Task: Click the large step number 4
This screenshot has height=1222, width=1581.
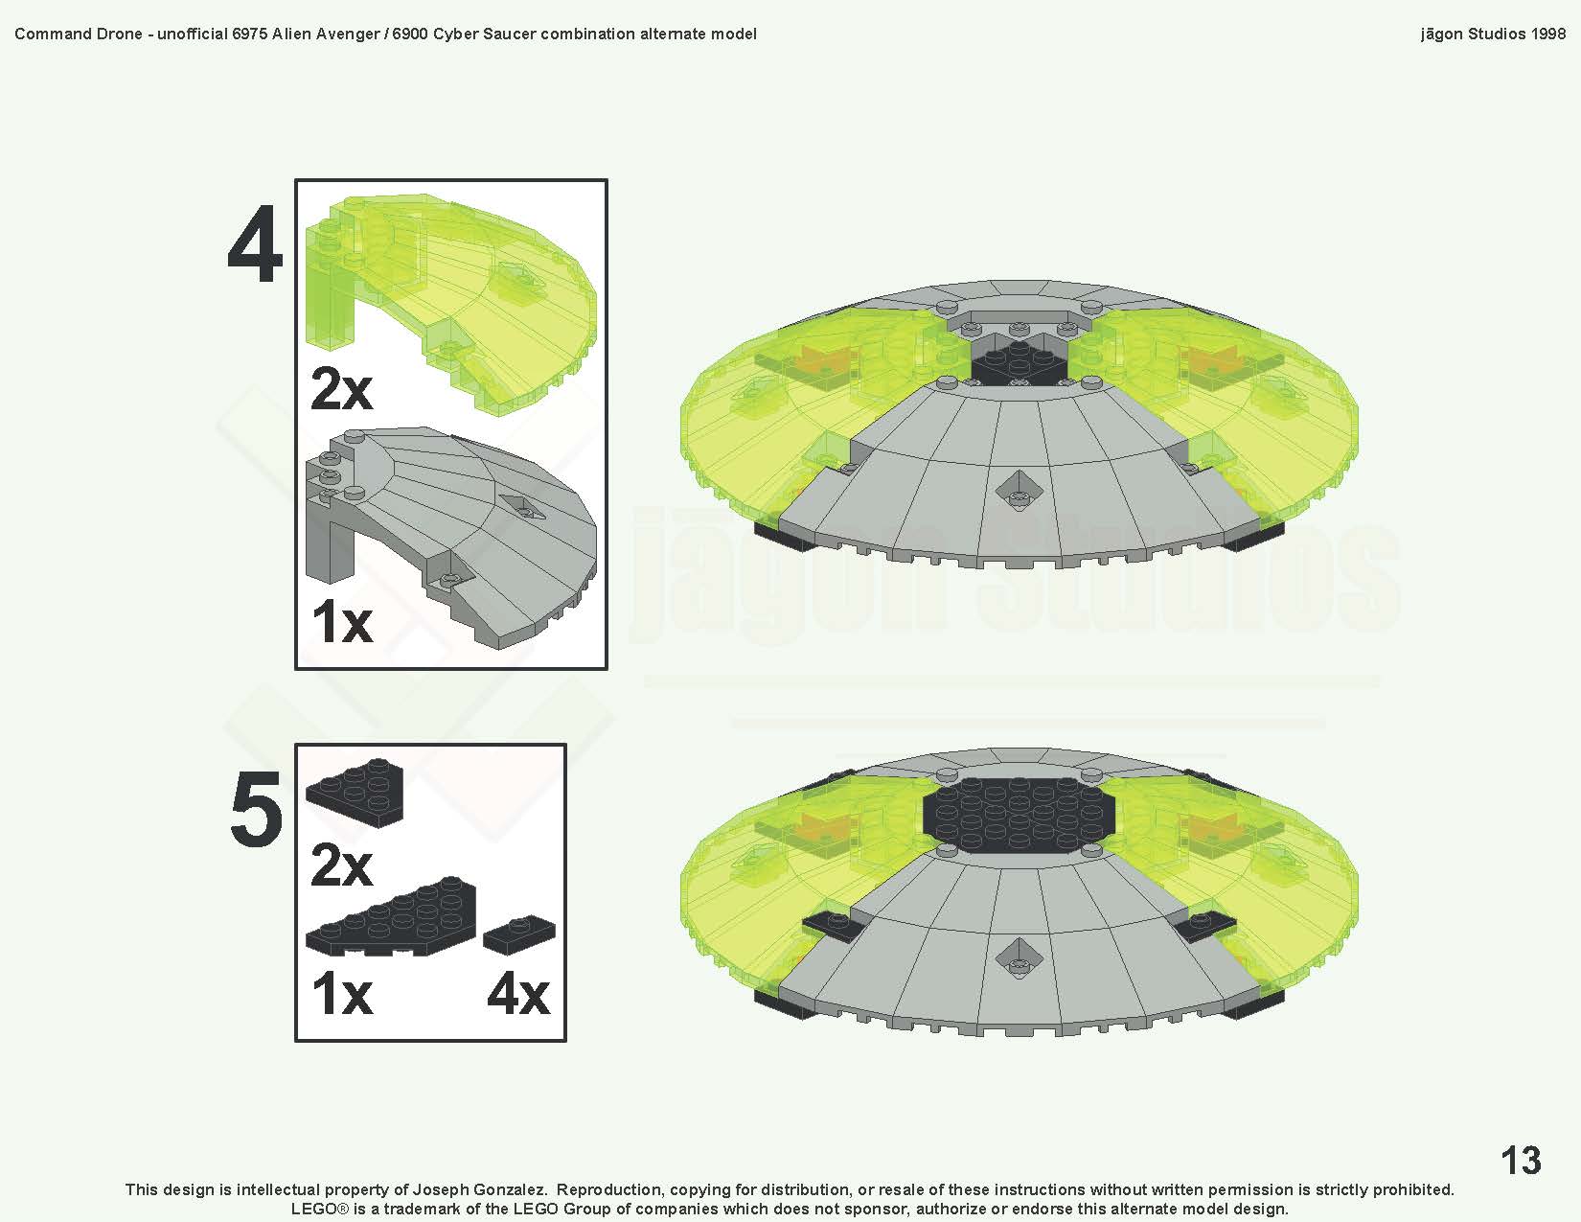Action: click(x=255, y=245)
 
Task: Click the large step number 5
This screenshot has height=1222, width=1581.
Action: click(x=256, y=810)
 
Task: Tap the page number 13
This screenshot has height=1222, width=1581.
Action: click(x=1521, y=1161)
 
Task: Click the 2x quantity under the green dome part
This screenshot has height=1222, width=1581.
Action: click(x=341, y=389)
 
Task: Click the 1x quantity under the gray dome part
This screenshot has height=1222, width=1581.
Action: click(x=341, y=621)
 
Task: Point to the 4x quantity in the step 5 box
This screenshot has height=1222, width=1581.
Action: click(x=517, y=994)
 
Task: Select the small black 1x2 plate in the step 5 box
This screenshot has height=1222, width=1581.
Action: click(x=518, y=934)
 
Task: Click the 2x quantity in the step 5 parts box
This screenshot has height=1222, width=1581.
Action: click(x=341, y=865)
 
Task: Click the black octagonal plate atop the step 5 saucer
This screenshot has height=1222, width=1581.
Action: click(x=1018, y=815)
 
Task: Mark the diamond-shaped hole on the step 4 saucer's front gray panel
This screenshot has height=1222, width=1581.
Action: click(x=1017, y=493)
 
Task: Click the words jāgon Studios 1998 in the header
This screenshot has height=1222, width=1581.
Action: click(x=1493, y=34)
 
